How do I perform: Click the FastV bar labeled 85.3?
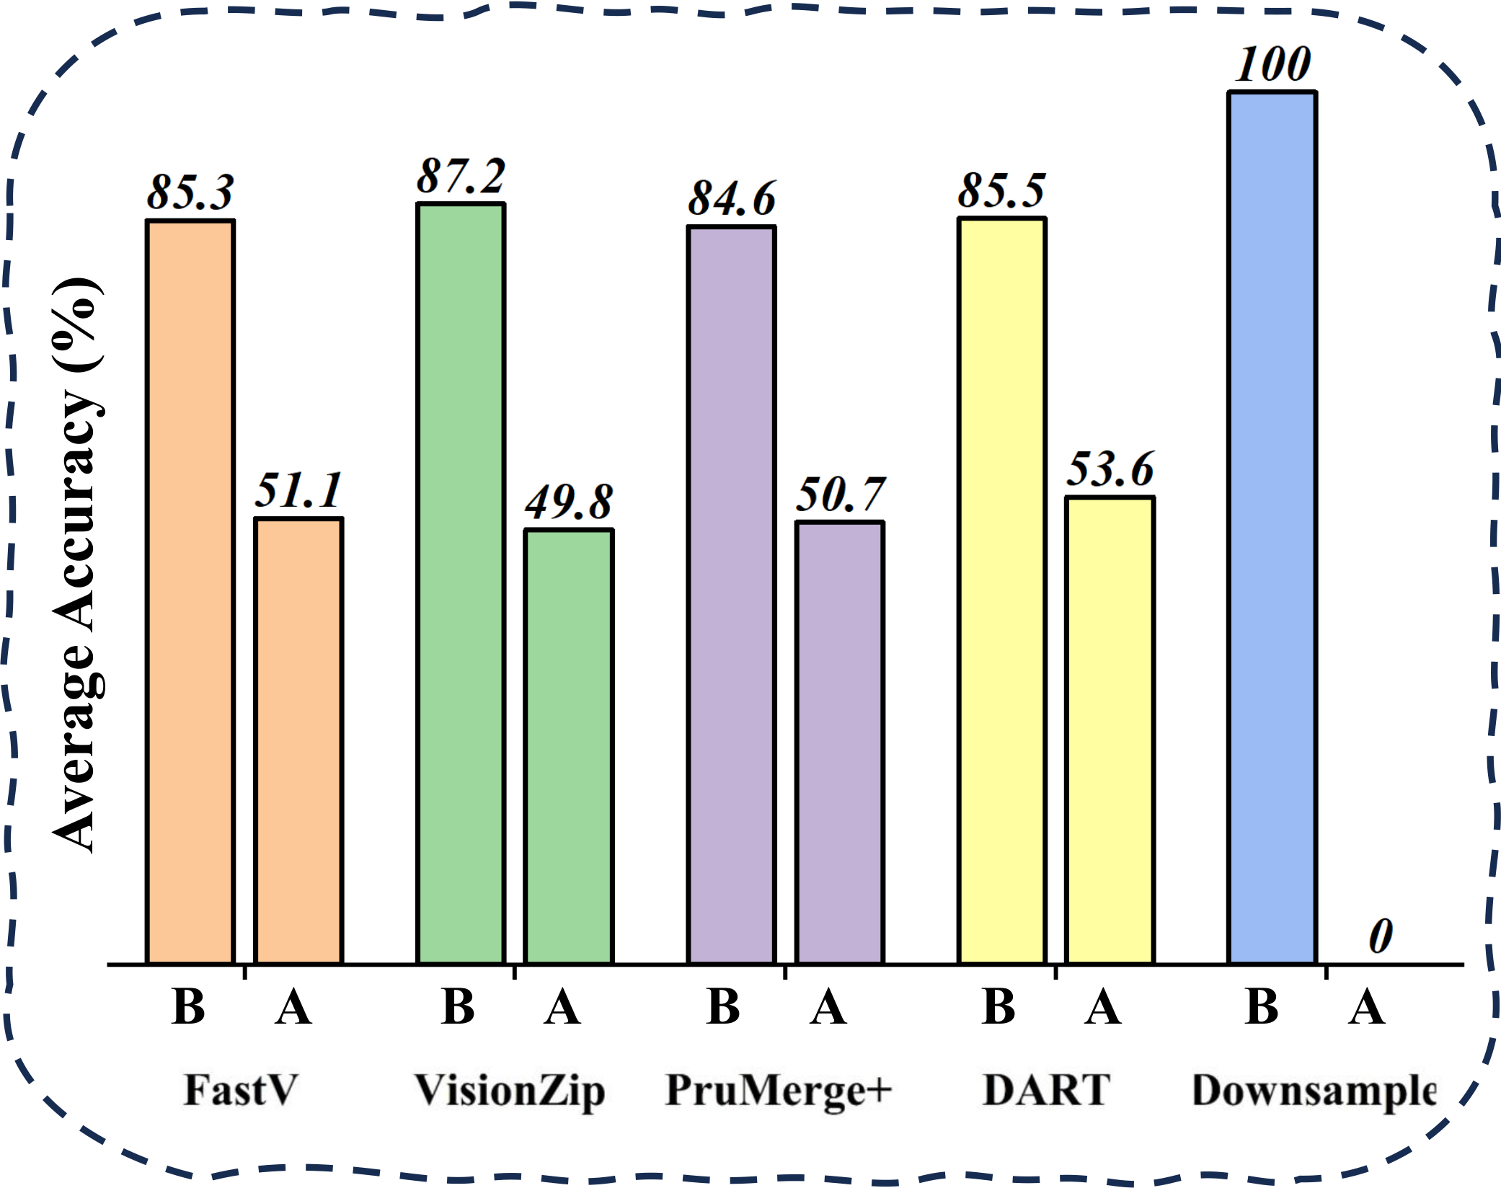190,591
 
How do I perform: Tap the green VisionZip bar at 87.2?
461,583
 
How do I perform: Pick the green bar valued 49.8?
569,746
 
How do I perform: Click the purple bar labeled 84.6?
732,595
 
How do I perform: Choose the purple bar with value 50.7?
840,742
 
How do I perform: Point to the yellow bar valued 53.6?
1110,730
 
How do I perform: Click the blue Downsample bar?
1272,527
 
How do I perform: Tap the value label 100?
1272,65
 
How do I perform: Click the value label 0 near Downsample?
1380,936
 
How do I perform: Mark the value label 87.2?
461,176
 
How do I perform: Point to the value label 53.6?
1110,469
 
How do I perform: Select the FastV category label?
240,1089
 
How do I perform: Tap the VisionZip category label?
509,1091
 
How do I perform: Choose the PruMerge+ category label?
779,1091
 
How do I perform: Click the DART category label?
1047,1089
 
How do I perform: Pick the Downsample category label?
1314,1091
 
